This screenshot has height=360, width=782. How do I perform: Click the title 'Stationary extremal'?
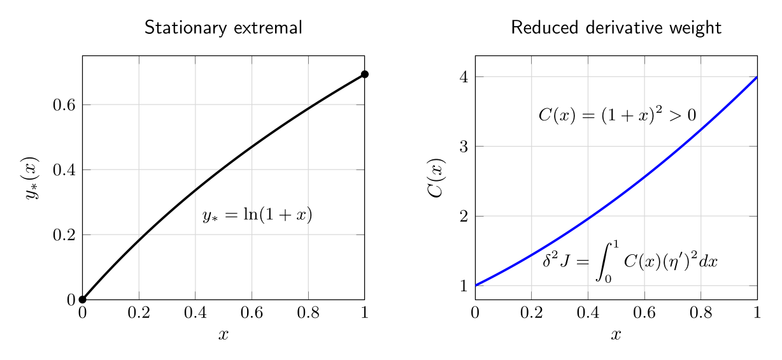point(224,28)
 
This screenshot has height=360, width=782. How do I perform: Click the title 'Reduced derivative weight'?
point(616,28)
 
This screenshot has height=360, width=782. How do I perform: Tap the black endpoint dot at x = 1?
point(365,74)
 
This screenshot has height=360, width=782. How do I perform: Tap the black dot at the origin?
point(82,299)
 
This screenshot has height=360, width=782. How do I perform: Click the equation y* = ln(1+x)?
point(257,215)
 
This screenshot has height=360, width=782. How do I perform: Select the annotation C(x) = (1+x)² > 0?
point(617,115)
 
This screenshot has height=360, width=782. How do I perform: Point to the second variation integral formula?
point(630,261)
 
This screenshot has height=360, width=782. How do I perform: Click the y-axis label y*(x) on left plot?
point(31,178)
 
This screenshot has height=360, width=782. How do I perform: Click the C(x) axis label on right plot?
point(436,178)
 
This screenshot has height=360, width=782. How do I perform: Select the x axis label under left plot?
point(224,335)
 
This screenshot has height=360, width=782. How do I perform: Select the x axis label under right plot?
point(616,335)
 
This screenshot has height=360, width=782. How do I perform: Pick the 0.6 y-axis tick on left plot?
point(64,104)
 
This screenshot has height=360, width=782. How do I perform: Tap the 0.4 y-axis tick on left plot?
point(64,170)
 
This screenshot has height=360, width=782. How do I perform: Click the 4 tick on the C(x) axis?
point(464,77)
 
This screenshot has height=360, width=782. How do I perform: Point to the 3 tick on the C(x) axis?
point(464,147)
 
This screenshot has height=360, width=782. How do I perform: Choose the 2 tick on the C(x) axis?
point(464,217)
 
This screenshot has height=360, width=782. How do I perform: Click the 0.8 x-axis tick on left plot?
point(308,312)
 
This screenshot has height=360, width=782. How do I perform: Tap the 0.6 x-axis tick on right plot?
point(644,312)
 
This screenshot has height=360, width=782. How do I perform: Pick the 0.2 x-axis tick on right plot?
point(532,312)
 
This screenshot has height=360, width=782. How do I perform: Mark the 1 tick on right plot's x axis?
point(757,312)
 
